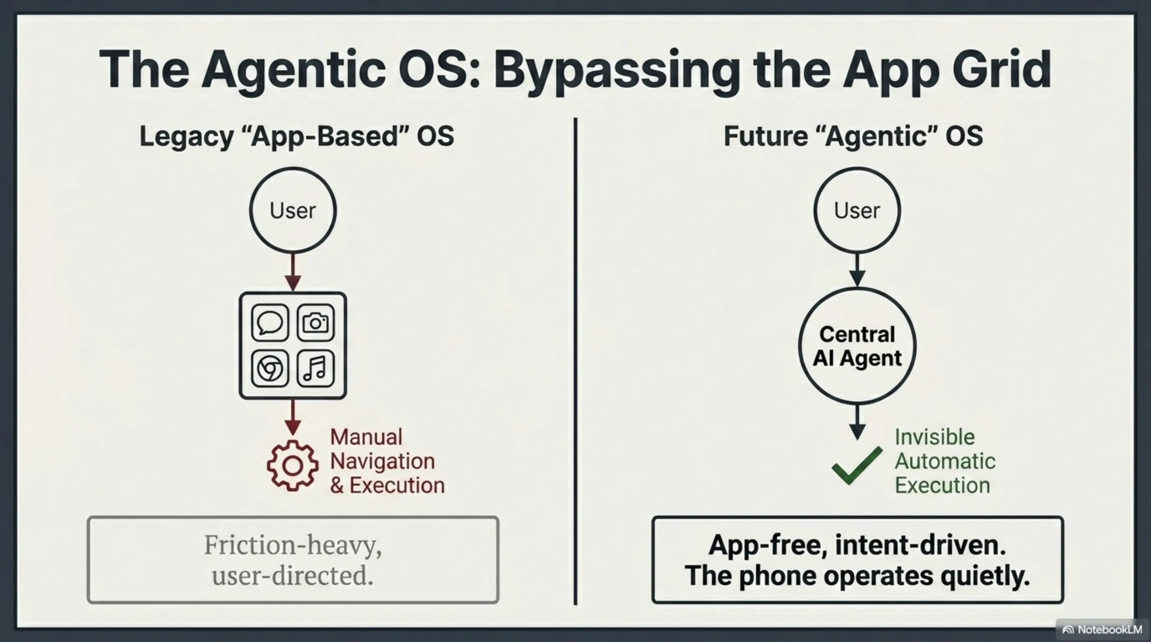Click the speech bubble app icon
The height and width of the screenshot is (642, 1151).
point(270,322)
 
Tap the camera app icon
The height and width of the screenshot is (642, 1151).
point(315,322)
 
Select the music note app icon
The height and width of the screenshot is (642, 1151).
point(315,368)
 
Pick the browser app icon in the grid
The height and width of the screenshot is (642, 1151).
point(270,368)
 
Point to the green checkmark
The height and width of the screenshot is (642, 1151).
point(857,465)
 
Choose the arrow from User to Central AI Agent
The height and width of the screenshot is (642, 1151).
point(857,270)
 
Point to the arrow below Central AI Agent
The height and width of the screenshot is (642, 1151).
point(857,422)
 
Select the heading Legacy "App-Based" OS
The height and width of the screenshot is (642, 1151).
point(297,137)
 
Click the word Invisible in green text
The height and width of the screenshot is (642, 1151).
point(935,437)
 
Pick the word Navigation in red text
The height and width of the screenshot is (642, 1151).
point(382,461)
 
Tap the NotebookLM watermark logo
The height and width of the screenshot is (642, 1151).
point(1068,630)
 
